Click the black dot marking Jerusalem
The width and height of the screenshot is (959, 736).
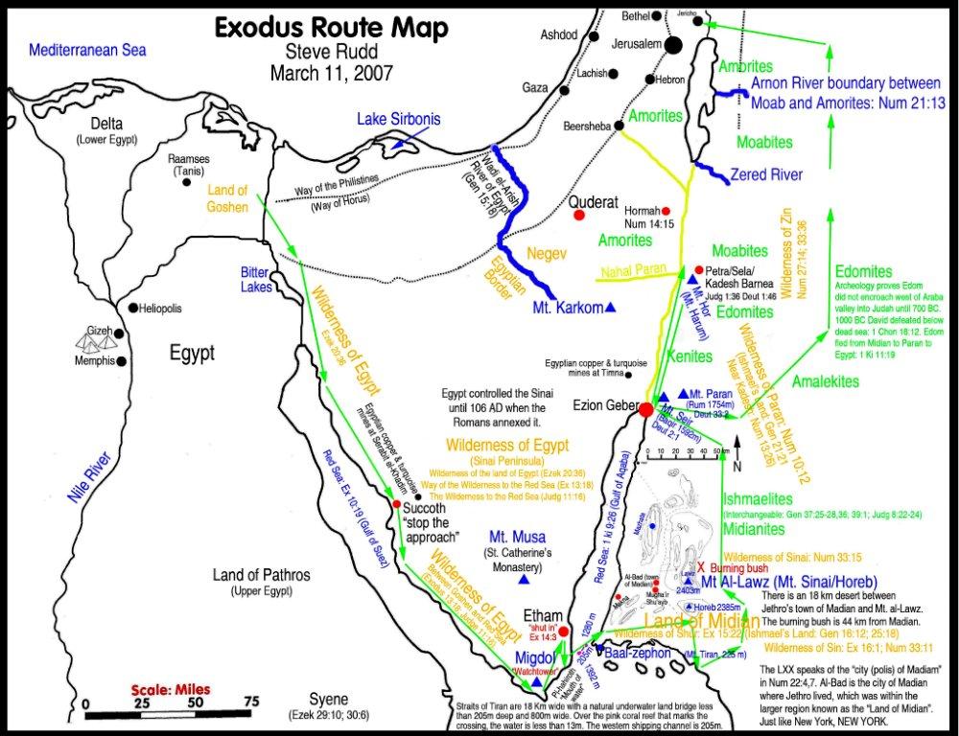pos(674,44)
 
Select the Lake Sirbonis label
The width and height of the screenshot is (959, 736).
pos(399,120)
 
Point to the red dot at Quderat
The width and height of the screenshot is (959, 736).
pos(579,216)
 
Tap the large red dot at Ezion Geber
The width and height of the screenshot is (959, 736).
pos(646,409)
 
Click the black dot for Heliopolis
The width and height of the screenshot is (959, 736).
pos(132,308)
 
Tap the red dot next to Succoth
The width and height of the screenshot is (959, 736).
pos(396,503)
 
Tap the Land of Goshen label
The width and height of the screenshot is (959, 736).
pos(228,197)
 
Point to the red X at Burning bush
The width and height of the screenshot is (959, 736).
pos(701,566)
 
